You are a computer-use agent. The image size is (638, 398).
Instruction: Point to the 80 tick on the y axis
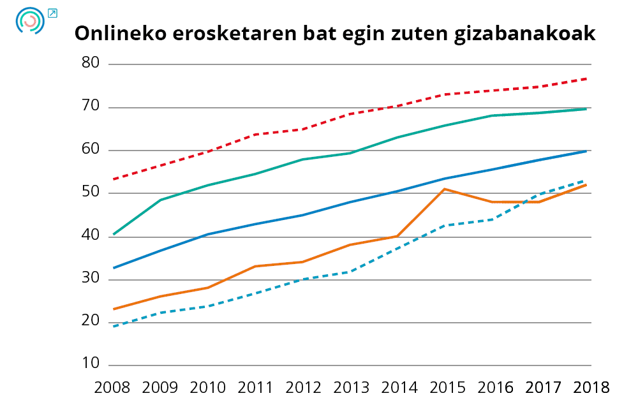(91, 63)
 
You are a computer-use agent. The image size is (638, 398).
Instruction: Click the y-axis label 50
(91, 193)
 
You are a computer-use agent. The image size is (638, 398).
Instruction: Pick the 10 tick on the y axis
(91, 364)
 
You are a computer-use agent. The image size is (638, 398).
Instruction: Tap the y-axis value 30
(91, 279)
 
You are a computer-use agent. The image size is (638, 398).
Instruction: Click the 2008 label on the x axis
(112, 387)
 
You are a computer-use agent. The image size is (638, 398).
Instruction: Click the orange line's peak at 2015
(445, 189)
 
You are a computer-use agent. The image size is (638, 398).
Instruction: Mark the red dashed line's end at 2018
(586, 78)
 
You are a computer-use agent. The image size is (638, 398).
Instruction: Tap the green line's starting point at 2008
(113, 235)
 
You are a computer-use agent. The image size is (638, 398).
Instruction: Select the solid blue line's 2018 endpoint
(586, 151)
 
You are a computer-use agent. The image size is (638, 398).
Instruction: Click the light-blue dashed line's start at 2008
(113, 327)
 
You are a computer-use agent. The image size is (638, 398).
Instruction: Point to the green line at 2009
(160, 200)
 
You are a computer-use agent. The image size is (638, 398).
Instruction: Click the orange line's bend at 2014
(397, 236)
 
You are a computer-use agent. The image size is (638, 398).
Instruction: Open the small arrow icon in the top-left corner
(52, 13)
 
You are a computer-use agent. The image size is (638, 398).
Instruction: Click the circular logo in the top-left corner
(30, 20)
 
